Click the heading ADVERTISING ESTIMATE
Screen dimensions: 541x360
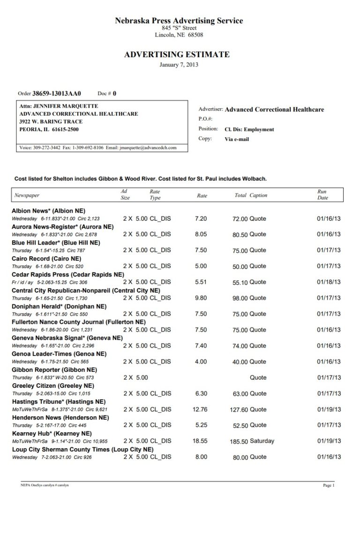(177, 55)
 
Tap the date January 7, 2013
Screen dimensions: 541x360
(179, 65)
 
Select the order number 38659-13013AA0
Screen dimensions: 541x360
(56, 93)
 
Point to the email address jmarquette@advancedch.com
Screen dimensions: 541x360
(148, 148)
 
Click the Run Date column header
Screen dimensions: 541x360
(322, 195)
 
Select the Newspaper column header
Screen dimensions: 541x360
(27, 195)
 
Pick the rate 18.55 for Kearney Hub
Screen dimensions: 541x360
(200, 441)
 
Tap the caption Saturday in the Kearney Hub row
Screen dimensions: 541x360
(262, 441)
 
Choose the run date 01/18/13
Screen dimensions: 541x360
(329, 282)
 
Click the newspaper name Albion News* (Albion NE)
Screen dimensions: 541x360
(48, 211)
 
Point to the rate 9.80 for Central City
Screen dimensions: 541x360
(201, 298)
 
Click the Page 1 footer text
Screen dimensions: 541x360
(329, 485)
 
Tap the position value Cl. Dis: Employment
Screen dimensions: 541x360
(249, 129)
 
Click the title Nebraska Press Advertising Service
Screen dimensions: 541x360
(179, 21)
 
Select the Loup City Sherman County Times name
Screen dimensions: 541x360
(82, 449)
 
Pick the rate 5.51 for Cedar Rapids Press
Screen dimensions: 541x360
(201, 282)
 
